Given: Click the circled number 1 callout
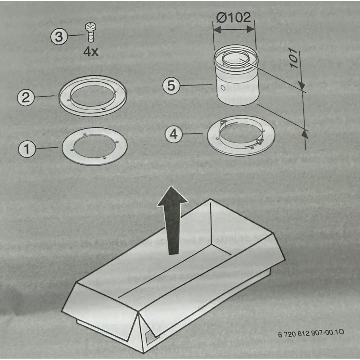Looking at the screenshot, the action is [27, 149].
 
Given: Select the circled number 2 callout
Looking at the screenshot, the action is [26, 97].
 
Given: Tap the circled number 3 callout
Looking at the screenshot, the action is [59, 37].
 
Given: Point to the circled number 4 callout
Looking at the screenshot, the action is [174, 134].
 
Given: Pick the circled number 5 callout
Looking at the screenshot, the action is [171, 85].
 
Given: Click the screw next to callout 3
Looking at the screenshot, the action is [91, 32].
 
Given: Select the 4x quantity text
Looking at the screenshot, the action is [91, 52].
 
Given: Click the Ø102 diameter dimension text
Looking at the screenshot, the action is [234, 18].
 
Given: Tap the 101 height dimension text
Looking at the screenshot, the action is [295, 58].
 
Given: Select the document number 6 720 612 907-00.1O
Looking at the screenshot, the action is [311, 333].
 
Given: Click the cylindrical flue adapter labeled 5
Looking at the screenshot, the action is [237, 75].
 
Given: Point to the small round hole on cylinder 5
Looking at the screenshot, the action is [222, 88].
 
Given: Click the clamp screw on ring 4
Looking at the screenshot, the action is [260, 142].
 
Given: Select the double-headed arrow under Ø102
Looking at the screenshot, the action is [234, 30].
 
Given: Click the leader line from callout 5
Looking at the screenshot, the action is [196, 85].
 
